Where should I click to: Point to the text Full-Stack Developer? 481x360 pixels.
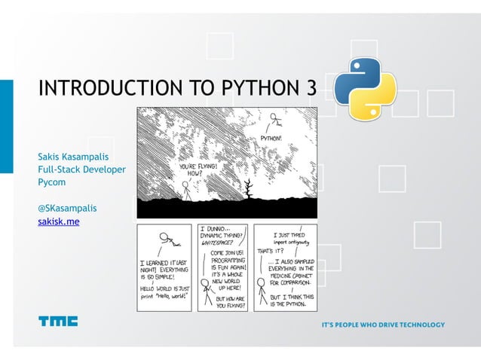coord(82,169)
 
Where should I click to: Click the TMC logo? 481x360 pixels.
coord(58,322)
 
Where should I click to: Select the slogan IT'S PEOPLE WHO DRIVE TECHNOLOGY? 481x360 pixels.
coord(383,325)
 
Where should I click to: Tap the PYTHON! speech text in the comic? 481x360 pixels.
coord(272,139)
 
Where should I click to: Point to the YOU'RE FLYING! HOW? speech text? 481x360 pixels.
coord(200,169)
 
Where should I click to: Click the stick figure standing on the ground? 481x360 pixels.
coord(185,189)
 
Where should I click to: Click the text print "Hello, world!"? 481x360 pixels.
coord(164,295)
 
